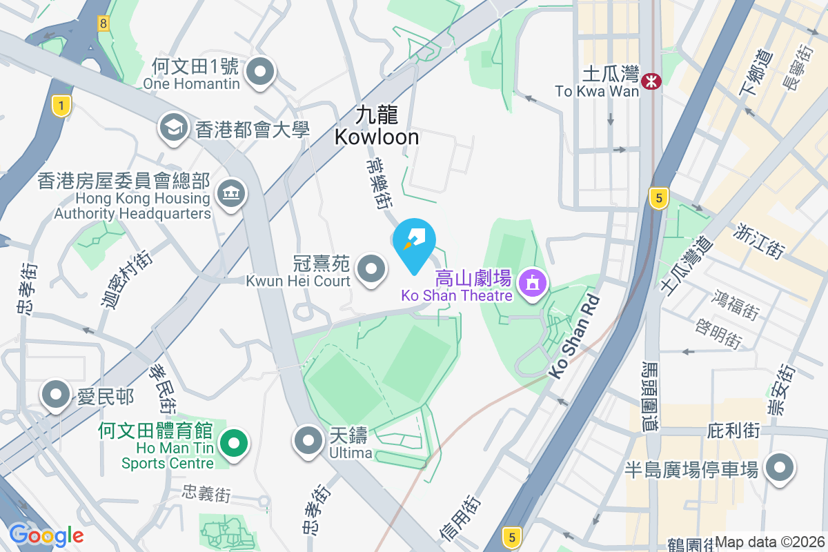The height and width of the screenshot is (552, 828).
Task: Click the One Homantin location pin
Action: point(261,72)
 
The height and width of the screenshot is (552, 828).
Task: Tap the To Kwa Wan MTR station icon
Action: point(650,81)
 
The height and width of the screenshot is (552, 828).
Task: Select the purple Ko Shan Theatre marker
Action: point(532,284)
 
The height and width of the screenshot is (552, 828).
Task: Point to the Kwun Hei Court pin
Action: point(372,269)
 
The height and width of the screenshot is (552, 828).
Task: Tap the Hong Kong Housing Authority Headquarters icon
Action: point(230,194)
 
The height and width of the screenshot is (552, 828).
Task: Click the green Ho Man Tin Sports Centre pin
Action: point(234,442)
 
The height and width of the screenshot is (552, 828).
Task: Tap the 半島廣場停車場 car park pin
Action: point(780,469)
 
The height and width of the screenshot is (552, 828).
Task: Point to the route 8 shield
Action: point(103,23)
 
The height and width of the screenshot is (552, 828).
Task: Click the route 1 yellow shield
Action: point(61,106)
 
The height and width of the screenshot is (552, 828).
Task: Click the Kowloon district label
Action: point(377,126)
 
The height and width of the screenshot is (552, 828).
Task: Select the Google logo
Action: point(46,535)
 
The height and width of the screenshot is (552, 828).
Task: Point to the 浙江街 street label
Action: point(762,241)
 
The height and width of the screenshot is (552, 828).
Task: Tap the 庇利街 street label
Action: point(733,431)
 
